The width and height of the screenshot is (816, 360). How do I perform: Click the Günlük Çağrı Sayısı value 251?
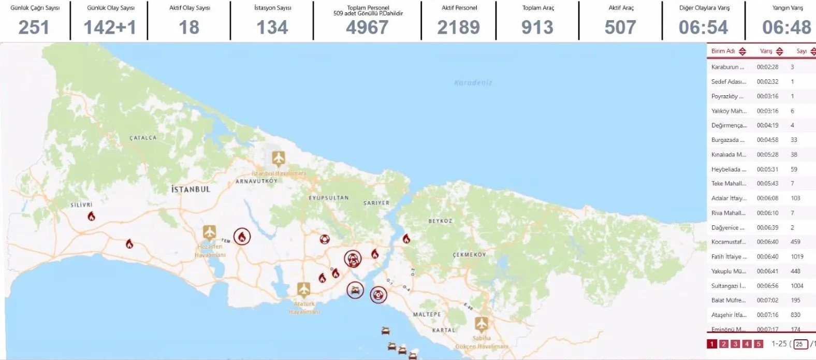pyautogui.click(x=34, y=27)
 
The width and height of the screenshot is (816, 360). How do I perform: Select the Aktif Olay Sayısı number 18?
pyautogui.click(x=189, y=27)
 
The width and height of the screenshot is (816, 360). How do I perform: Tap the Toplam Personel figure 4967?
pyautogui.click(x=367, y=27)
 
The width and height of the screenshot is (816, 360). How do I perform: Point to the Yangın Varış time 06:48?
pyautogui.click(x=786, y=27)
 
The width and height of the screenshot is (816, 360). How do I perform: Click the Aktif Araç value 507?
pyautogui.click(x=620, y=27)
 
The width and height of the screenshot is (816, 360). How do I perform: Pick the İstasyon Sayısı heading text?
pyautogui.click(x=272, y=8)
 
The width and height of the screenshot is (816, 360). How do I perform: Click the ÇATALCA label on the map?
pyautogui.click(x=143, y=138)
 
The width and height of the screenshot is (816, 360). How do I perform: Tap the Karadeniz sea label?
pyautogui.click(x=473, y=82)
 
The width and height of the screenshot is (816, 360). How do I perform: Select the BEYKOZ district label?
pyautogui.click(x=440, y=221)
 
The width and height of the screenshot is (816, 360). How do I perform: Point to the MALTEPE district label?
pyautogui.click(x=427, y=314)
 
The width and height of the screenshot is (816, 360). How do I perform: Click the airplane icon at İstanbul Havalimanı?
pyautogui.click(x=279, y=157)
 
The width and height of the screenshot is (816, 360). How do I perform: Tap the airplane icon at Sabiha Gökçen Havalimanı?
pyautogui.click(x=482, y=324)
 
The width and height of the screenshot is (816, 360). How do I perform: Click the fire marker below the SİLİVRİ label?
pyautogui.click(x=91, y=217)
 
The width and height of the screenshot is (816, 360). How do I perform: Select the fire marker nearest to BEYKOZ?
pyautogui.click(x=406, y=239)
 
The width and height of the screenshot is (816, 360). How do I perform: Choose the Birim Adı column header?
pyautogui.click(x=723, y=51)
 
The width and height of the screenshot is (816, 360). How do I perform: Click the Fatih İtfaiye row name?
pyautogui.click(x=729, y=256)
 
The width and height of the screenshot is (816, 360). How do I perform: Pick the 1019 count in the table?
pyautogui.click(x=797, y=256)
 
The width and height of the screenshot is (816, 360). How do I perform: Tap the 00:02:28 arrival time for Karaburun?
pyautogui.click(x=767, y=67)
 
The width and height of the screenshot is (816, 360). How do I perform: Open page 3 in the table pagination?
pyautogui.click(x=735, y=344)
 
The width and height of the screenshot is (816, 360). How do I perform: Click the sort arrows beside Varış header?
pyautogui.click(x=779, y=51)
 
